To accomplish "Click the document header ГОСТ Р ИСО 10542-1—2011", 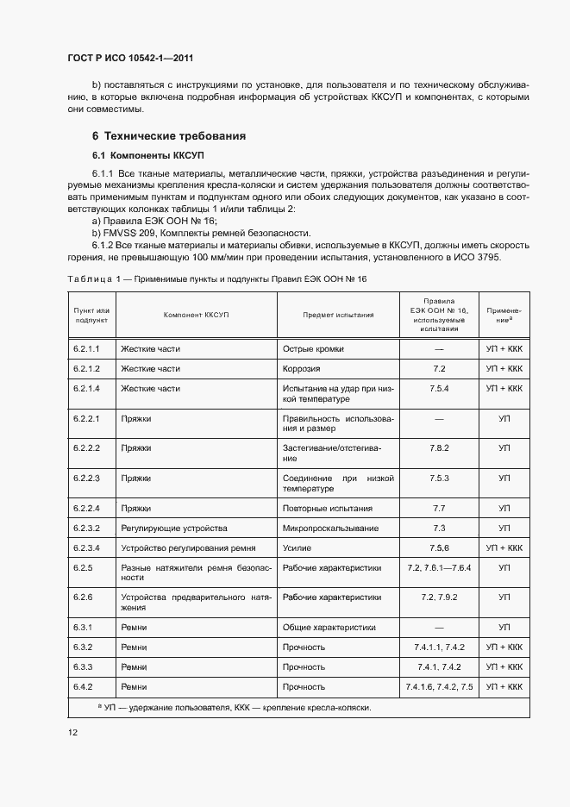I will (x=129, y=59).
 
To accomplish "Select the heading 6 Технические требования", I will (x=169, y=136).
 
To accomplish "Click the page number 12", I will (x=72, y=733).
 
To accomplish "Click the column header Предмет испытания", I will (x=338, y=315).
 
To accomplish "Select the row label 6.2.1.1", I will (x=88, y=348).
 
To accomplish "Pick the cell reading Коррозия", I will (x=302, y=368).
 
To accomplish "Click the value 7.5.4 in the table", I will (x=439, y=389).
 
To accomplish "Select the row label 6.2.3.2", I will (x=88, y=528).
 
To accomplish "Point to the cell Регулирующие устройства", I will (x=174, y=528).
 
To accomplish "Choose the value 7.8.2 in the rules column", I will (x=439, y=448).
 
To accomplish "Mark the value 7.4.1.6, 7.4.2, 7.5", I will (x=439, y=686).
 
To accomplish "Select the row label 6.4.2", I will (x=84, y=686).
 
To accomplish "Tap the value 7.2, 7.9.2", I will (x=439, y=597).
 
